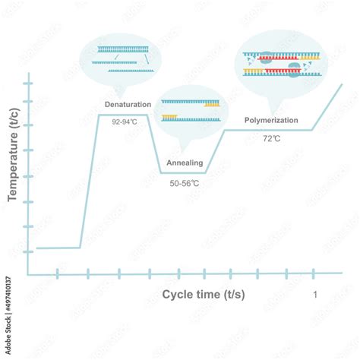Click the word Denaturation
(x=128, y=104)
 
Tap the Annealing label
(x=185, y=163)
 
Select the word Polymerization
(x=271, y=120)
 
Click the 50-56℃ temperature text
(x=185, y=183)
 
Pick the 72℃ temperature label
(x=271, y=138)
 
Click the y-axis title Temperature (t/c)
(x=13, y=164)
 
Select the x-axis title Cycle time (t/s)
(x=204, y=293)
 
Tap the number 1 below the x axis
(x=315, y=294)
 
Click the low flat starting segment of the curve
(x=58, y=248)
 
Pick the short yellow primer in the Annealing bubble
(x=170, y=118)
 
